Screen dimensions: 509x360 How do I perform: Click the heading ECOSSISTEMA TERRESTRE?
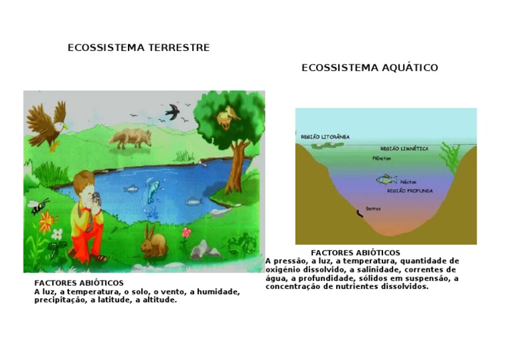139,48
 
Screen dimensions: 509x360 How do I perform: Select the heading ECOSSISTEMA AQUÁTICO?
370,68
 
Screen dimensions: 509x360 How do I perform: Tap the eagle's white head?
60,126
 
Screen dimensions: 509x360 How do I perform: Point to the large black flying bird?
172,111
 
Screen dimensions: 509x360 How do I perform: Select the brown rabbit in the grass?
153,242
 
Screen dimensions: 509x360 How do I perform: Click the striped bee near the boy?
38,206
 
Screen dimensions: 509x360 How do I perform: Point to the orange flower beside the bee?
47,221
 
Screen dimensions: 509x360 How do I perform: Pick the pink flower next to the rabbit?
186,233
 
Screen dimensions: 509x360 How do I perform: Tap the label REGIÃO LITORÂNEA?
325,137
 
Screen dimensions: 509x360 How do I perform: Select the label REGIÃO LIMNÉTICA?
404,149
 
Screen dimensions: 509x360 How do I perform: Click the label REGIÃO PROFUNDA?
410,191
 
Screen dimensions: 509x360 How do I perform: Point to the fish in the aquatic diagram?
386,179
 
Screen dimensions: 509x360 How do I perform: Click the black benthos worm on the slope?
360,214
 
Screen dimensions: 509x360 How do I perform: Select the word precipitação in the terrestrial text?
60,300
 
